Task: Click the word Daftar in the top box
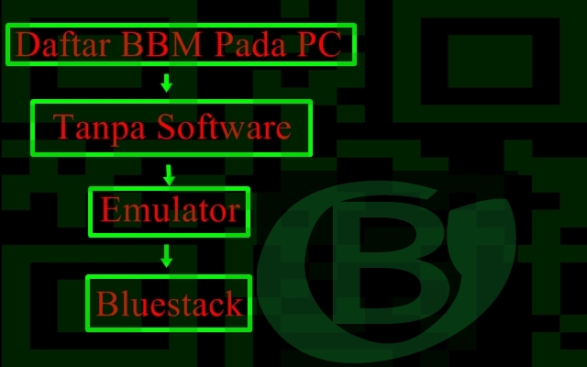pyautogui.click(x=58, y=45)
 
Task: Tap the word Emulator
pyautogui.click(x=170, y=212)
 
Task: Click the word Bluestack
pyautogui.click(x=170, y=304)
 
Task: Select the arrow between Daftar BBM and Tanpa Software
pyautogui.click(x=166, y=83)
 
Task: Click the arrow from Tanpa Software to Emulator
pyautogui.click(x=168, y=172)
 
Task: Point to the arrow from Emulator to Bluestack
pyautogui.click(x=166, y=256)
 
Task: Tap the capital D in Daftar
pyautogui.click(x=28, y=45)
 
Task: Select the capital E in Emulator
pyautogui.click(x=110, y=212)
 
